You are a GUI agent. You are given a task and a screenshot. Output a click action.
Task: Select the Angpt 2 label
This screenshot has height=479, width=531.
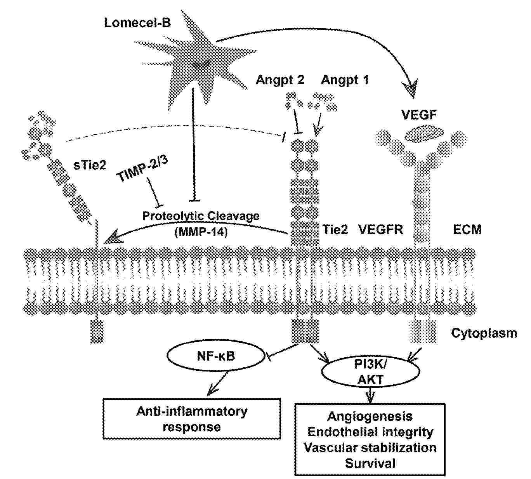click(x=280, y=80)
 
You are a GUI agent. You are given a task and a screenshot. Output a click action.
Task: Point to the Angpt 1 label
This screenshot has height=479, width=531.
click(x=345, y=80)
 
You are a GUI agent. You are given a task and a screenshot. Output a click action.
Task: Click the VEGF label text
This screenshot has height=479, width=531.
click(x=419, y=115)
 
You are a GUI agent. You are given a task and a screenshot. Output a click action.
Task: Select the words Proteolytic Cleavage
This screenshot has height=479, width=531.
click(x=201, y=216)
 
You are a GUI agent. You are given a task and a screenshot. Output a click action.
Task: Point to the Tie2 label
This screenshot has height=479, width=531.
click(x=335, y=230)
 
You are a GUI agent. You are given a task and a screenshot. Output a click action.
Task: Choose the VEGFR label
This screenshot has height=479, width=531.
click(x=380, y=230)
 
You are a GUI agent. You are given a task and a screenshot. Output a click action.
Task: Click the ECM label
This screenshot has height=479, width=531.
click(x=467, y=230)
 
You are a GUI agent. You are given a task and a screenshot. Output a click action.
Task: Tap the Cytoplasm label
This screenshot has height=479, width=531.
click(x=484, y=333)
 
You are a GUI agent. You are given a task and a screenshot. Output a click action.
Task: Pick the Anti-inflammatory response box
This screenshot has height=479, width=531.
click(x=192, y=419)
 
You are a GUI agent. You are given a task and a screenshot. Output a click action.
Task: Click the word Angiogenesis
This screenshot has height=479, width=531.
click(x=370, y=417)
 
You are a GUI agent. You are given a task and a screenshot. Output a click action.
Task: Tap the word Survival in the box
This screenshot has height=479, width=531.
click(x=370, y=463)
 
